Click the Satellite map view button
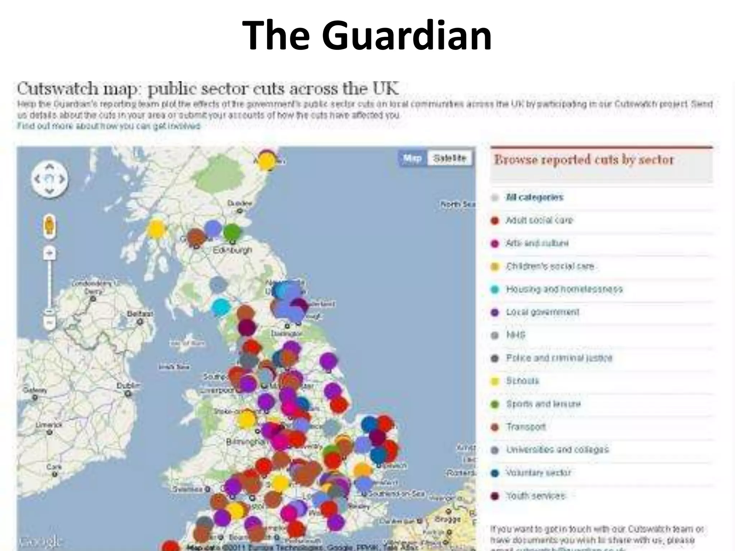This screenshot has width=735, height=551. point(450,158)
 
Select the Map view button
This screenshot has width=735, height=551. point(412,158)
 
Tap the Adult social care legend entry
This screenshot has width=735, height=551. point(539,220)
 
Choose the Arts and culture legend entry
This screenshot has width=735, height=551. point(537,243)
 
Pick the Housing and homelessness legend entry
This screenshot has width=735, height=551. point(564,289)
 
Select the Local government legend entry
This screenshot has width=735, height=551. point(542,312)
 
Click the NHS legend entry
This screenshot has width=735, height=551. point(515,335)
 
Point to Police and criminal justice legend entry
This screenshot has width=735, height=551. point(559,358)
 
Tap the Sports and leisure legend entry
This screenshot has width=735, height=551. point(543,404)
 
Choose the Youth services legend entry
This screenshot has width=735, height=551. point(535,496)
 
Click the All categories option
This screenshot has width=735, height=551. point(534,197)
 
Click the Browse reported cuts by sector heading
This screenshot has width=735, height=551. point(584,160)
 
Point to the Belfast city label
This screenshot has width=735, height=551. point(140,314)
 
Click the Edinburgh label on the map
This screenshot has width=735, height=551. point(232,250)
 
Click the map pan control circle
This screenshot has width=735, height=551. point(50,179)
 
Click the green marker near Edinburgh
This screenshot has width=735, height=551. point(232,232)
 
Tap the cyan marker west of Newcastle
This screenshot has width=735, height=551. point(220,307)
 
